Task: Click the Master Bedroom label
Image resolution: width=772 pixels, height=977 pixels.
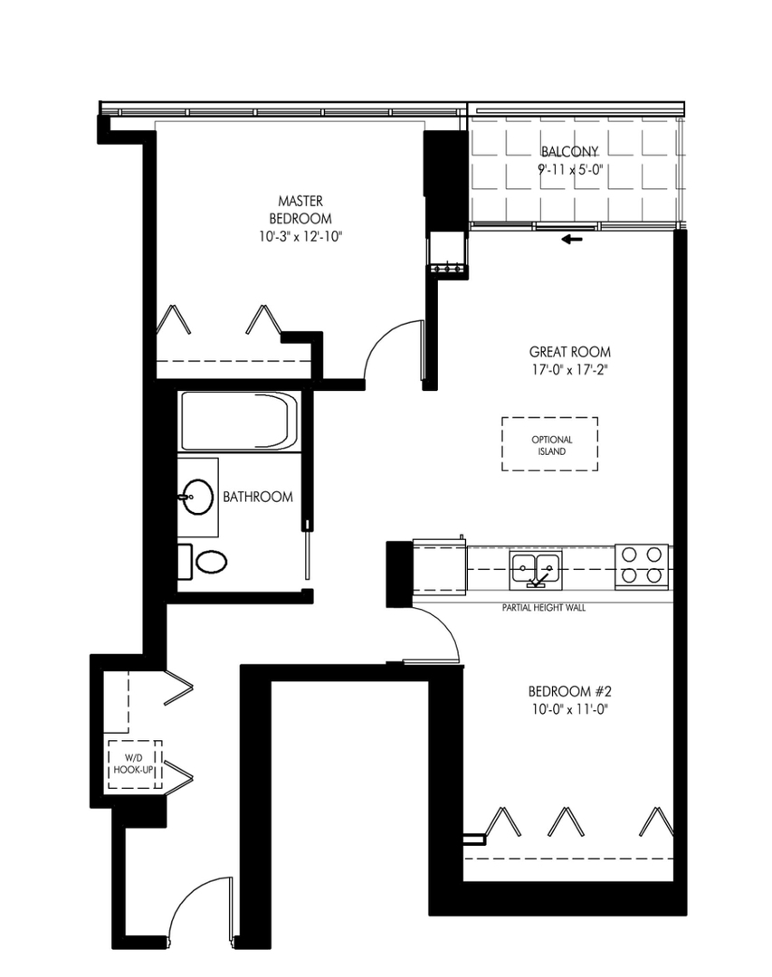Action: [300, 210]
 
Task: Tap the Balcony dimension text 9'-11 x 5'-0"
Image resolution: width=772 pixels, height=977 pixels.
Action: [570, 167]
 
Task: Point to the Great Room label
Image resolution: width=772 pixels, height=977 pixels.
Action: [569, 351]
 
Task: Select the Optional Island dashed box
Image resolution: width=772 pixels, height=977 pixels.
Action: [549, 444]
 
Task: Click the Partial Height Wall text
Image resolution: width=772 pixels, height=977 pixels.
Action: [543, 608]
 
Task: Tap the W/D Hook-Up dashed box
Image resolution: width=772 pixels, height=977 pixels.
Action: [135, 765]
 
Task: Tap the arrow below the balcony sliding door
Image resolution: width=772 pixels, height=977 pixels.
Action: [570, 240]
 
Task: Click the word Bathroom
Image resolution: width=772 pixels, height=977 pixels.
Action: [258, 497]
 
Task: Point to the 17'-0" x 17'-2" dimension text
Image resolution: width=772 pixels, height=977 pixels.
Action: [569, 368]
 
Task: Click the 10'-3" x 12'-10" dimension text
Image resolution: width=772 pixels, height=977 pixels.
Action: [300, 236]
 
